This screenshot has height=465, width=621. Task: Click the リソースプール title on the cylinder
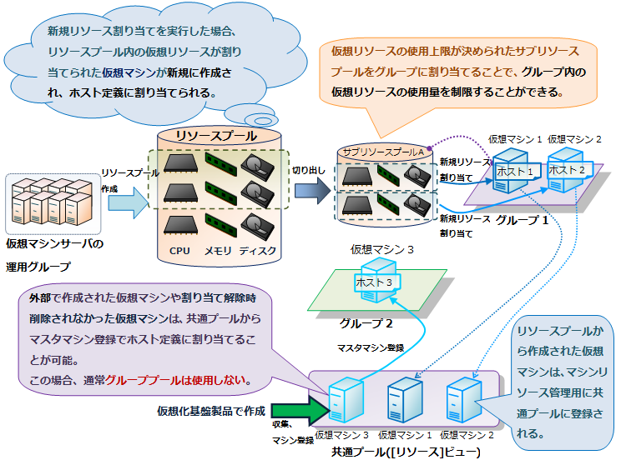(x=216, y=136)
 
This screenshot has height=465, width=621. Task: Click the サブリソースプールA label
(x=385, y=153)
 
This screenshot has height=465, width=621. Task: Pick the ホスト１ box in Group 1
(x=514, y=171)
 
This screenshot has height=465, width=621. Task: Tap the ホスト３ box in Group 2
(x=374, y=282)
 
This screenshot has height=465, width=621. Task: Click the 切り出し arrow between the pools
(x=311, y=190)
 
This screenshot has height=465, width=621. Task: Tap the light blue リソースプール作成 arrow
(x=126, y=207)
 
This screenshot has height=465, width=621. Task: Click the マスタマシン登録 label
(x=371, y=346)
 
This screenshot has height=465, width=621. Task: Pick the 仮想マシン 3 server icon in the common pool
(x=342, y=402)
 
